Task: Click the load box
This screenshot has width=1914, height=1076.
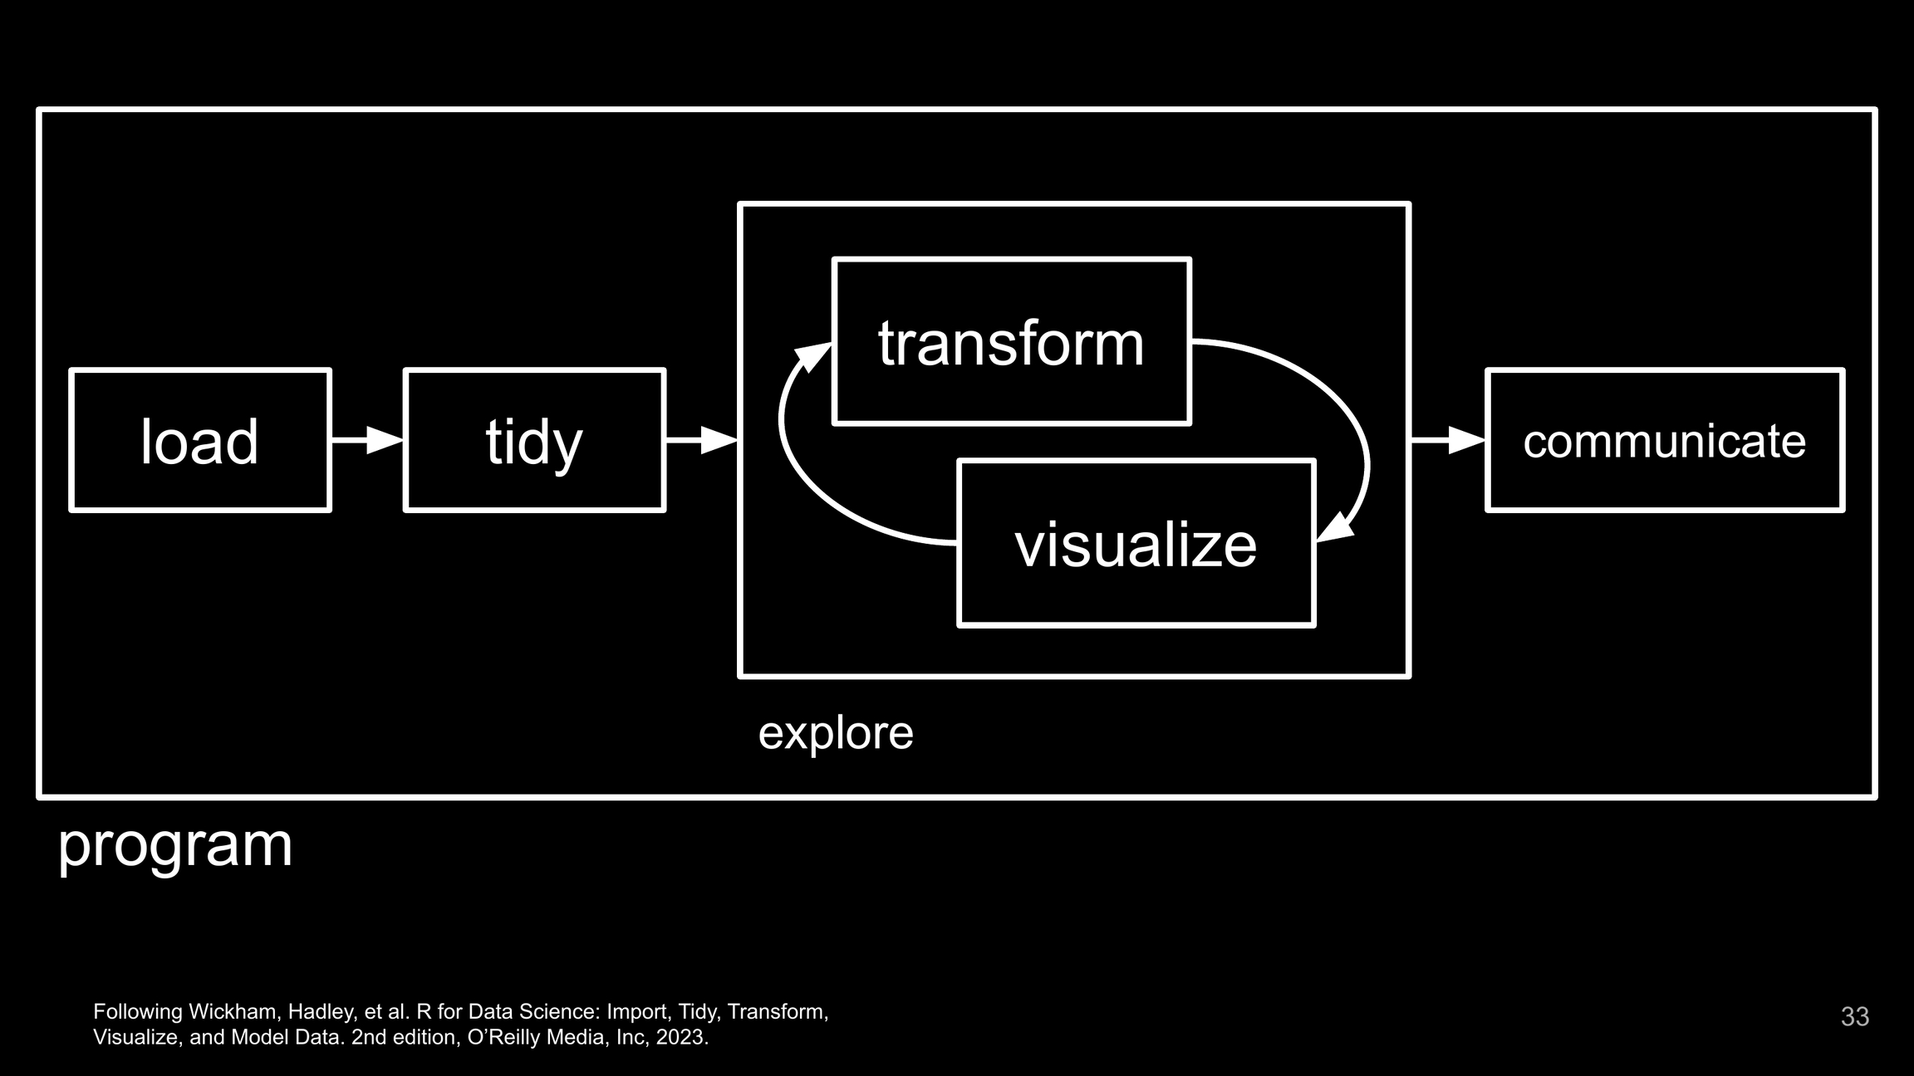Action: tap(200, 440)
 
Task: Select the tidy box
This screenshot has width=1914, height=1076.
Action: tap(534, 440)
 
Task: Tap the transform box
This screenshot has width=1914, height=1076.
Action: tap(1011, 342)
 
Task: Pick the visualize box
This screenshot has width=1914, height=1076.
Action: tap(1136, 544)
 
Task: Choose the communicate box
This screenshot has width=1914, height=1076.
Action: tap(1664, 440)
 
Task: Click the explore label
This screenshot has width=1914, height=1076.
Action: tap(836, 733)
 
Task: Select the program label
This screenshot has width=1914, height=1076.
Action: tap(175, 845)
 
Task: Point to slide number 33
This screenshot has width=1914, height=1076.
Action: tap(1855, 1016)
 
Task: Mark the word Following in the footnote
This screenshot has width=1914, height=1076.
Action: tap(137, 1011)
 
